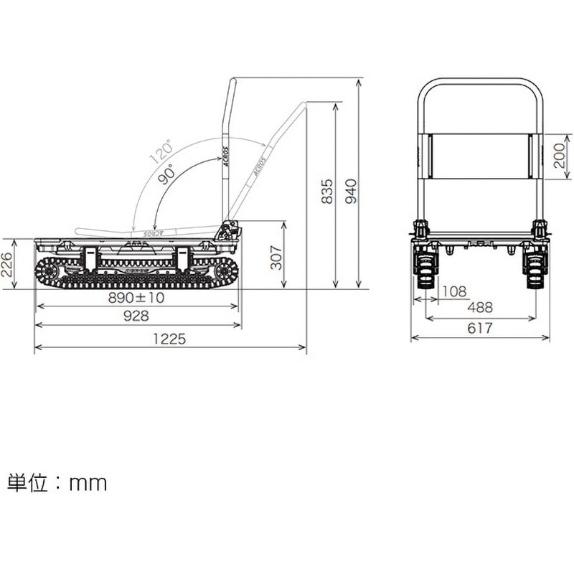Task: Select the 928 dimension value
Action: [x=135, y=316]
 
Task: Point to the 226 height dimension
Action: [x=8, y=263]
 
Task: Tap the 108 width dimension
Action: [x=454, y=291]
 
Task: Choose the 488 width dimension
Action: [x=480, y=307]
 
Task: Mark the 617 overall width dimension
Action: [x=480, y=328]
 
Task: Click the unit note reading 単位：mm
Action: [x=57, y=483]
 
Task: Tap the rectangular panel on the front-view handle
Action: [x=479, y=155]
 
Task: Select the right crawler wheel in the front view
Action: [x=534, y=265]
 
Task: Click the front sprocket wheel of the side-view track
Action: [x=49, y=271]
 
